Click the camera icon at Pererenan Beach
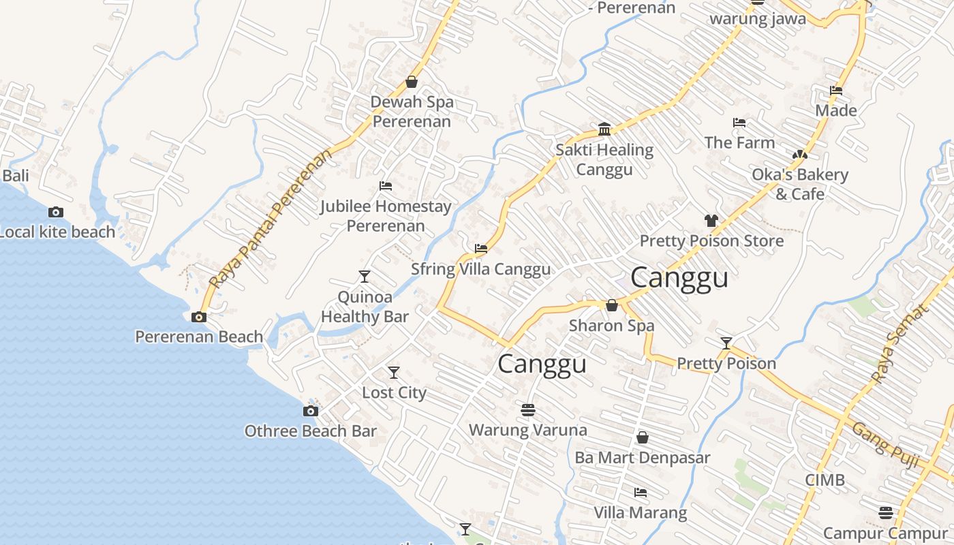coord(199,317)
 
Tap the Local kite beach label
coord(57,232)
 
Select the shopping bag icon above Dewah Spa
coord(412,82)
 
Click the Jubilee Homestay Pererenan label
coord(386,215)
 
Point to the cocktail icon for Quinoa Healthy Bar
coord(365,276)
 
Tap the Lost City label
coord(394,392)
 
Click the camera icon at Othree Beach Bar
coord(311,411)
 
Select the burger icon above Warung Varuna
coord(527,409)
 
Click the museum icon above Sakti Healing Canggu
coord(604,129)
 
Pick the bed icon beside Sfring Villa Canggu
coord(481,249)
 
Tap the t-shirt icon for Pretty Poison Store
coord(711,221)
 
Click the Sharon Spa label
coord(611,326)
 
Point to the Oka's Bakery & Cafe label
coord(800,184)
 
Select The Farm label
coord(739,142)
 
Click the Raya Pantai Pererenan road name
coord(271,218)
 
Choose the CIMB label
coord(825,480)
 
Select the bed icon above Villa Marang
coord(640,492)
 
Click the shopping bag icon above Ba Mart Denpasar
coord(642,437)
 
